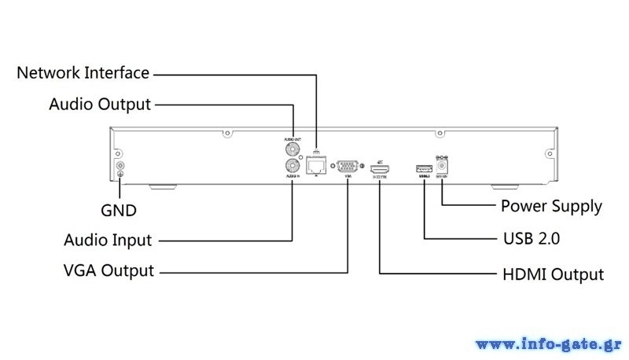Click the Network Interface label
(83, 73)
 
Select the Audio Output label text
(99, 104)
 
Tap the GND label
(119, 211)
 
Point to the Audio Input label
(107, 240)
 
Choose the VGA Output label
(108, 271)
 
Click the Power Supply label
(551, 207)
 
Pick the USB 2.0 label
(531, 237)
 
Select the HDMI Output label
(553, 274)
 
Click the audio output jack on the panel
(292, 148)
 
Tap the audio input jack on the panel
(292, 165)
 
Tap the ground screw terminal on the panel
(120, 167)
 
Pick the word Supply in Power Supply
(577, 207)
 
